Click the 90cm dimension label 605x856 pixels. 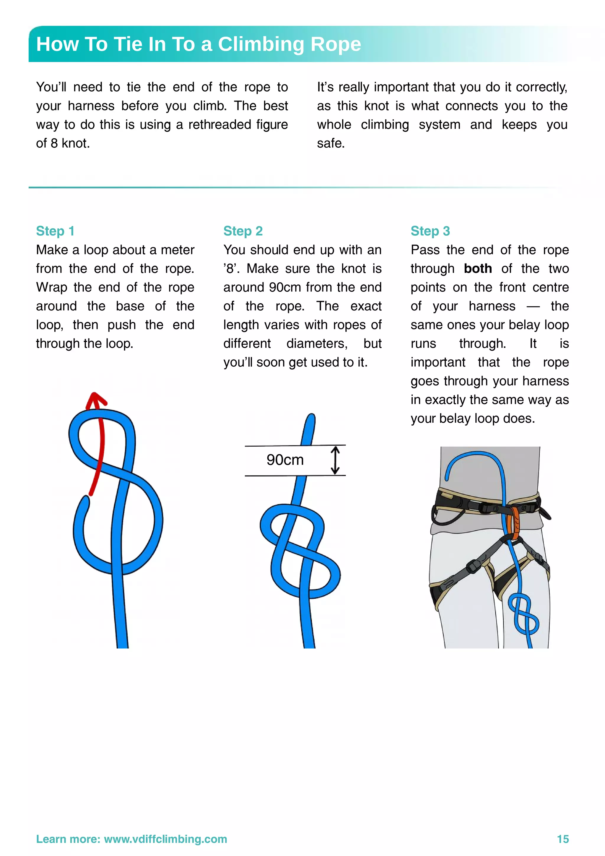[285, 460]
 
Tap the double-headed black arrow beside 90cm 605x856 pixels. [335, 460]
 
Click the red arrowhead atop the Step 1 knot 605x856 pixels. [95, 400]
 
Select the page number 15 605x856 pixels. [562, 839]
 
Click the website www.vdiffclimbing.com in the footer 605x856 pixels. [165, 839]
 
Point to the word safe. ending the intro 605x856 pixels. [331, 143]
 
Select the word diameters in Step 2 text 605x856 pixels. [316, 343]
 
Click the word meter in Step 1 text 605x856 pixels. [178, 250]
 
